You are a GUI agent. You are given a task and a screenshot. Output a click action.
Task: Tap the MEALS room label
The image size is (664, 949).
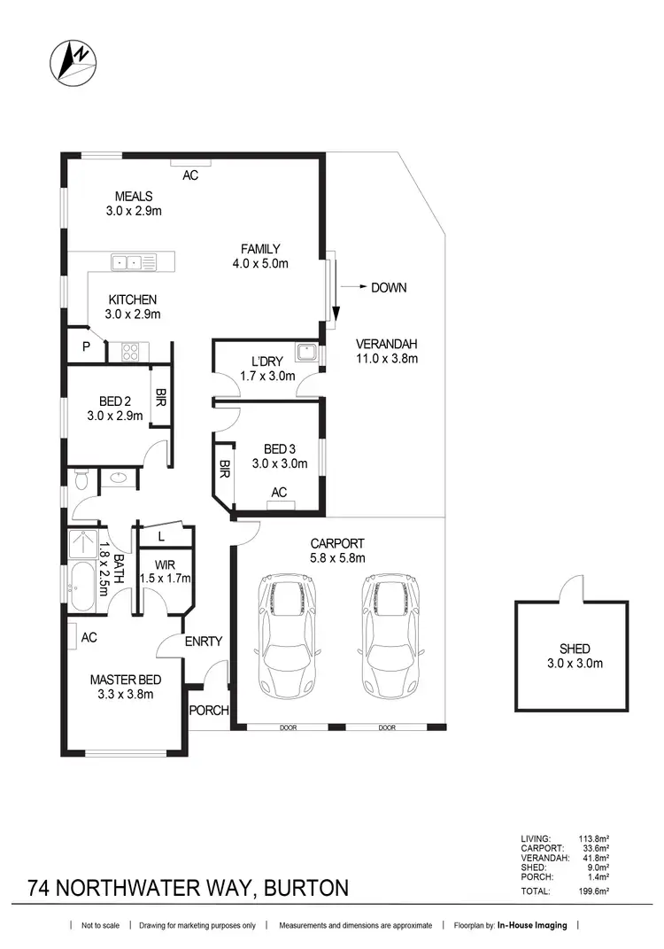[x=134, y=196]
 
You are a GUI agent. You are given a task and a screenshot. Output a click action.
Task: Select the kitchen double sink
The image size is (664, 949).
[x=125, y=261]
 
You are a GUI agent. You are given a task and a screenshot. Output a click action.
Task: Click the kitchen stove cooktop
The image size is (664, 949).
[x=129, y=352]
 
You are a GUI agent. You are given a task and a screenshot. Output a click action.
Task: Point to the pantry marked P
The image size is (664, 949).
[x=86, y=347]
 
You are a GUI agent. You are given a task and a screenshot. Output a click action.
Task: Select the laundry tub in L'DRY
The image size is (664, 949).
[x=306, y=351]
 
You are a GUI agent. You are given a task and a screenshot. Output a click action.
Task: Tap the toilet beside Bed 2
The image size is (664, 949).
[x=81, y=479]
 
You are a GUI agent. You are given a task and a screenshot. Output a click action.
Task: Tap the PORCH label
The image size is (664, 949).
[x=210, y=711]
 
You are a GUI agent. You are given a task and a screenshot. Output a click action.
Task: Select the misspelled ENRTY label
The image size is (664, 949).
[x=204, y=642]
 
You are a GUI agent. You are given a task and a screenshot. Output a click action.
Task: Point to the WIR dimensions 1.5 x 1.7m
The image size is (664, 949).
[x=166, y=579]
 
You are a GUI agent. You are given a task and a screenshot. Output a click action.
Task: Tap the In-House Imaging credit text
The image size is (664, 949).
[x=531, y=925]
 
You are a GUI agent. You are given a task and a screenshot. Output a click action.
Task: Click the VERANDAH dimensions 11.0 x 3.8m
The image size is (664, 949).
[x=386, y=359]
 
